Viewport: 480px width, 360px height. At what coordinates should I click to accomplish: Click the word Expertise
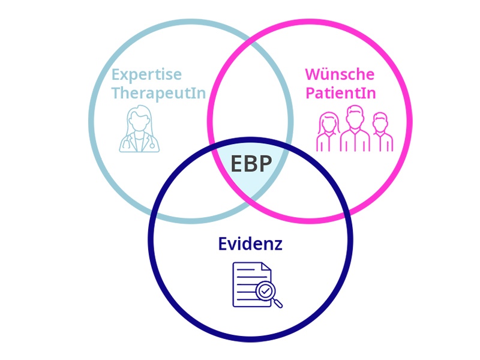[x=146, y=75]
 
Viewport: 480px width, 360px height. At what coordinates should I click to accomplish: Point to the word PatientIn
[x=340, y=94]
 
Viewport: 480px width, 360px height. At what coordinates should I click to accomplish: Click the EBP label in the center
[x=251, y=164]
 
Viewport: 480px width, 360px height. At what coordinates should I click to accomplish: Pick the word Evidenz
[x=250, y=244]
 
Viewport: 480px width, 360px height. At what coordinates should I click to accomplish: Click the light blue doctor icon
[x=139, y=128]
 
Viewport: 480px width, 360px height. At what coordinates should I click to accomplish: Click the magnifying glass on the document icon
[x=267, y=293]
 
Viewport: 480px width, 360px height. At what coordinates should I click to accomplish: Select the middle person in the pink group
[x=355, y=128]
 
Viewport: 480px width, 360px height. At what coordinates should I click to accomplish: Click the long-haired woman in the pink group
[x=328, y=133]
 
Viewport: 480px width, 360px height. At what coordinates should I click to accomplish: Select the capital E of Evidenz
[x=223, y=244]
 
